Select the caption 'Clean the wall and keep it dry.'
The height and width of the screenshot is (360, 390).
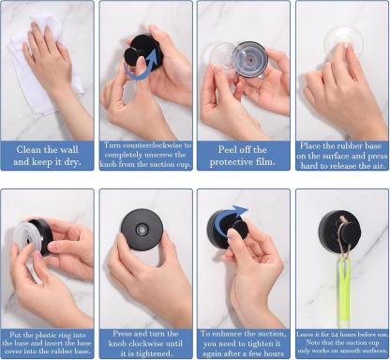pos(47,156)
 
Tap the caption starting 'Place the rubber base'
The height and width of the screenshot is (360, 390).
pos(341,156)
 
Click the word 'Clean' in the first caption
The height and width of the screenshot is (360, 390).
pos(29,149)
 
